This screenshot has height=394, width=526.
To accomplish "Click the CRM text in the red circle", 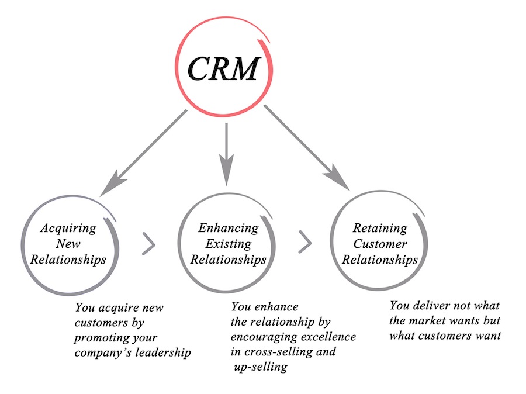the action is [224, 68].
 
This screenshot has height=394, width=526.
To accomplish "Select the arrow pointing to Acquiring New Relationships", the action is [144, 153].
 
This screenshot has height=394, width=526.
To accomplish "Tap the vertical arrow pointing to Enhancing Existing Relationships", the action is [226, 154].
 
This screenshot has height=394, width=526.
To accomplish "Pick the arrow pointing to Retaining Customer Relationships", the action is [307, 148].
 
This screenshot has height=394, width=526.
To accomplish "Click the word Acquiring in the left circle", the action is [68, 229].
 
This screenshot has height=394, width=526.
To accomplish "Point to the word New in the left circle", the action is [68, 244].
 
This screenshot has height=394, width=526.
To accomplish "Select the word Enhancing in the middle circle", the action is [229, 229].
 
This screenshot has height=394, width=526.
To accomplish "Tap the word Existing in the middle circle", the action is [229, 244].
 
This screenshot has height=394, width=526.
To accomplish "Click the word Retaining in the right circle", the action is [380, 229].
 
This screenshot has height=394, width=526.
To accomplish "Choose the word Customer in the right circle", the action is [380, 244].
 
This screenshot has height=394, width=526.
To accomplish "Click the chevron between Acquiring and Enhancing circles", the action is [148, 244].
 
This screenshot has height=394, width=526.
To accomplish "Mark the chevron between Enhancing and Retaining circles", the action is [305, 242].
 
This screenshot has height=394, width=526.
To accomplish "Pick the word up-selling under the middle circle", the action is [261, 367].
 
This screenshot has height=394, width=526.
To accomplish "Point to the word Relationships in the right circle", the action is [380, 260].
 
